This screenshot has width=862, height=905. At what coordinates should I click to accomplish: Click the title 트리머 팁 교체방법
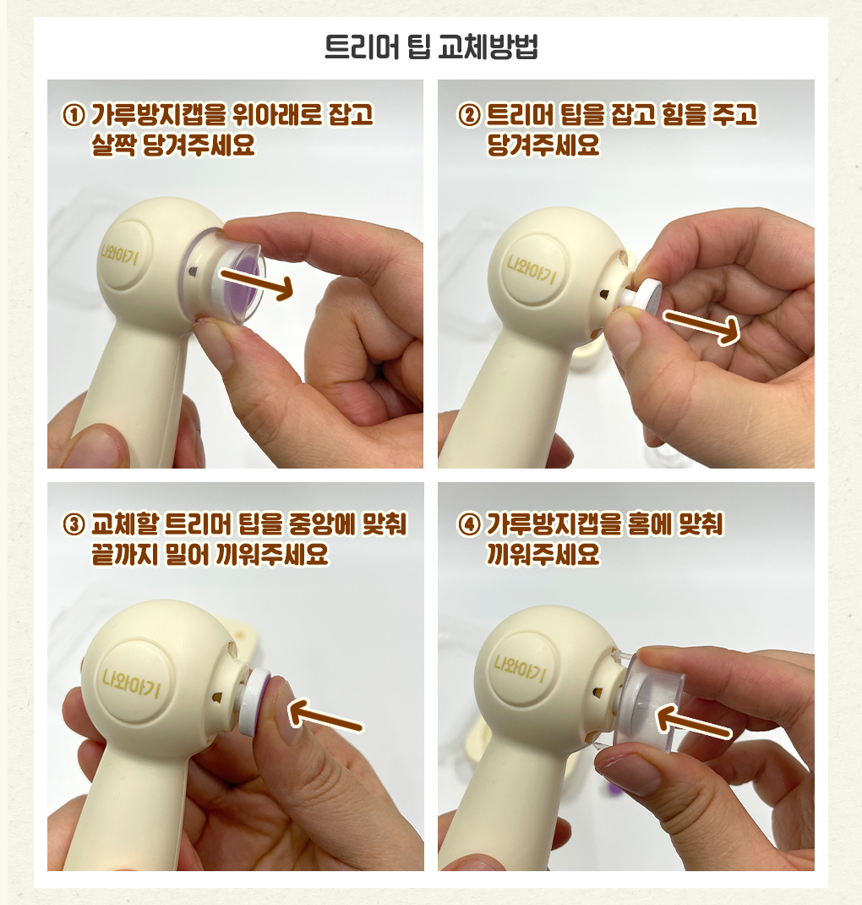coord(431,47)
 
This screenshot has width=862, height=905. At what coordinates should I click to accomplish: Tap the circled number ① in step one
coord(74,115)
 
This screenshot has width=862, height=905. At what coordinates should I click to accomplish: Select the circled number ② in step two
coord(469,115)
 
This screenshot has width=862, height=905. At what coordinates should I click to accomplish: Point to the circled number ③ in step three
coord(74,524)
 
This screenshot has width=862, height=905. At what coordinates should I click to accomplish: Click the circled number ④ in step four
coord(469,524)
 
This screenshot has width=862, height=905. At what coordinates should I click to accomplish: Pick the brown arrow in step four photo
coord(694,722)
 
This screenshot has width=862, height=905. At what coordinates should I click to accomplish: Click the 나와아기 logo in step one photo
coord(119,254)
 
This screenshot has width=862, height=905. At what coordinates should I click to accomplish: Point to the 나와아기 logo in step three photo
coord(132,683)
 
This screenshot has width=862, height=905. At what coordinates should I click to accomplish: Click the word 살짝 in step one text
coord(113,145)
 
